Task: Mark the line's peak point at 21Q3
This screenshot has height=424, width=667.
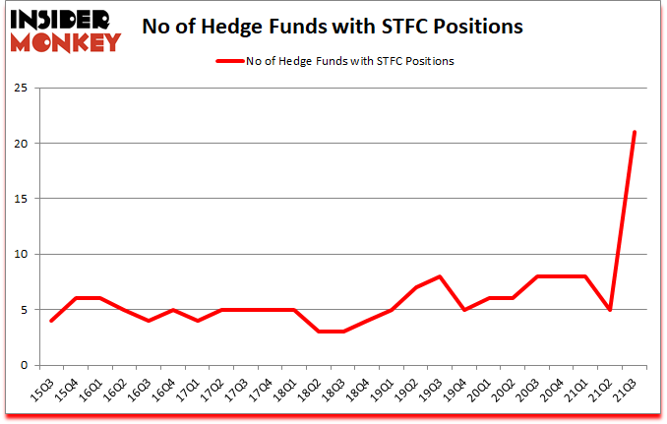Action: click(x=635, y=132)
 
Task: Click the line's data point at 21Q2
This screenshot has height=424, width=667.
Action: click(x=610, y=310)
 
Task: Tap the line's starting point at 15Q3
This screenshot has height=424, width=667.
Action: click(x=52, y=321)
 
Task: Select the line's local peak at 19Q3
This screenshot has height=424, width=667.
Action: click(x=441, y=276)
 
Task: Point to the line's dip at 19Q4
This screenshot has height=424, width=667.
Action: click(x=464, y=310)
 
